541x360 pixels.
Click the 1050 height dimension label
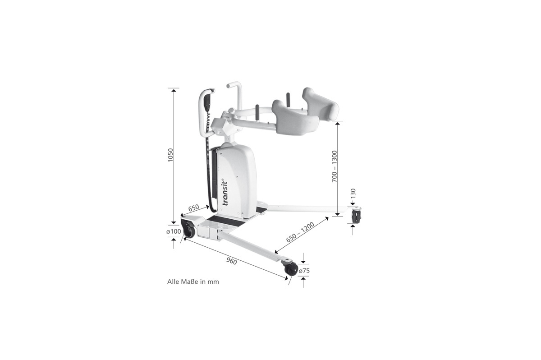coord(170,155)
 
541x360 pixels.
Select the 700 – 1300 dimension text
coord(334,166)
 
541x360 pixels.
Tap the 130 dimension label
coord(353,193)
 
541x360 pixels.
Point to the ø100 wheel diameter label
coord(174,231)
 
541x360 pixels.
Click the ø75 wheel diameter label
coord(304,271)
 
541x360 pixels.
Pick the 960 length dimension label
coord(231,261)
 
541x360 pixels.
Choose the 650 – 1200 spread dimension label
coord(300,232)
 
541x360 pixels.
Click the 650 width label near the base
coord(194,208)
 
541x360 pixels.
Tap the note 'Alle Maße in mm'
coord(193,282)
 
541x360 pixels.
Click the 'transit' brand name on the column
coord(225,193)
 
